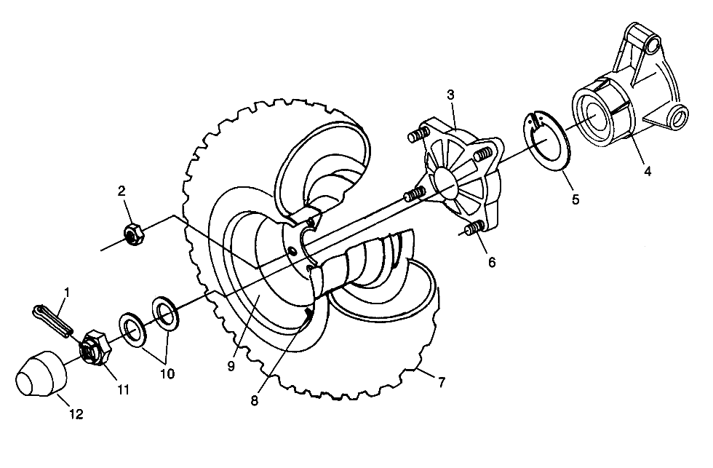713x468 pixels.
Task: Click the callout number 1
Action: [67, 293]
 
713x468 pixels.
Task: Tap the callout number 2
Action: [122, 191]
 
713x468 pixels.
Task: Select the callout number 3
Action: [450, 95]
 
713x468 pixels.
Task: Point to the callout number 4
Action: [648, 172]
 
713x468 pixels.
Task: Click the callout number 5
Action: [575, 199]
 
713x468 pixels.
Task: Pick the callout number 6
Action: [492, 263]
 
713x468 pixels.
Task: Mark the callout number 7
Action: [441, 382]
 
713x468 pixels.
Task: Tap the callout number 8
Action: [254, 400]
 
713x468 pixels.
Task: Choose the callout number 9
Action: [231, 366]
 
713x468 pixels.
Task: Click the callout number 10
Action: [167, 374]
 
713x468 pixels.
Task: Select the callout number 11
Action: [123, 390]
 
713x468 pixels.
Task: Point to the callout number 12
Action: [76, 414]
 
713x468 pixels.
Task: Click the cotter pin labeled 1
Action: [53, 321]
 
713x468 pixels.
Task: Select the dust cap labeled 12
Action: [41, 374]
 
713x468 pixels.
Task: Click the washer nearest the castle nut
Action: [132, 330]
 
